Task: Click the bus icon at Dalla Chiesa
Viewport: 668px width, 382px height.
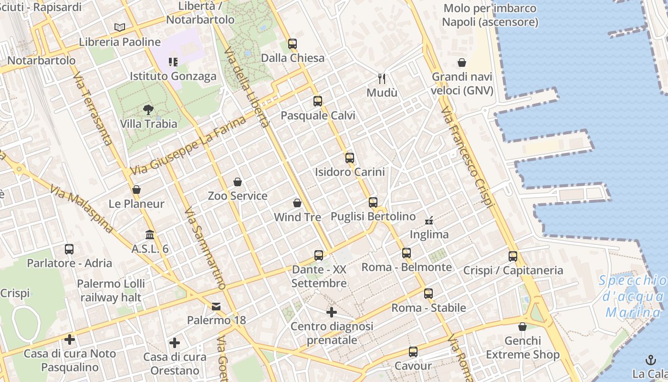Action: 292,44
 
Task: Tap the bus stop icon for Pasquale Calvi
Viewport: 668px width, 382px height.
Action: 318,101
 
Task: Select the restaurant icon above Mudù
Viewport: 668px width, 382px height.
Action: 382,78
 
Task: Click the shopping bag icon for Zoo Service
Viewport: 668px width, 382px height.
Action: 238,182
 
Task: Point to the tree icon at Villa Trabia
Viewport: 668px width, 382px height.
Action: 148,110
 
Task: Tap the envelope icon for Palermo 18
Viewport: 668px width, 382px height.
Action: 217,306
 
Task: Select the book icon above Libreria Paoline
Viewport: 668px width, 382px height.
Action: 120,28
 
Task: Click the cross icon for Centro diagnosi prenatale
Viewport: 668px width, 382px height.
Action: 332,313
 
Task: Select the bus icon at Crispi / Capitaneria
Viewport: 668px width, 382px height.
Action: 513,256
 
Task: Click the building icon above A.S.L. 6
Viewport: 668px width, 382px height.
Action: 150,235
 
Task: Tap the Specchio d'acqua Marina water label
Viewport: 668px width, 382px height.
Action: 633,297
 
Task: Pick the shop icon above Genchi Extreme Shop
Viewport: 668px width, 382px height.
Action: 522,327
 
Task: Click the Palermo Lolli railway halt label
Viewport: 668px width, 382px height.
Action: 111,290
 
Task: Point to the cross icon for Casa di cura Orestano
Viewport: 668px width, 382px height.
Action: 175,343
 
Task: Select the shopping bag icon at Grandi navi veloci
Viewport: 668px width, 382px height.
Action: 462,63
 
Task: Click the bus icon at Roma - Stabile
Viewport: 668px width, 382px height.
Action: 428,294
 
